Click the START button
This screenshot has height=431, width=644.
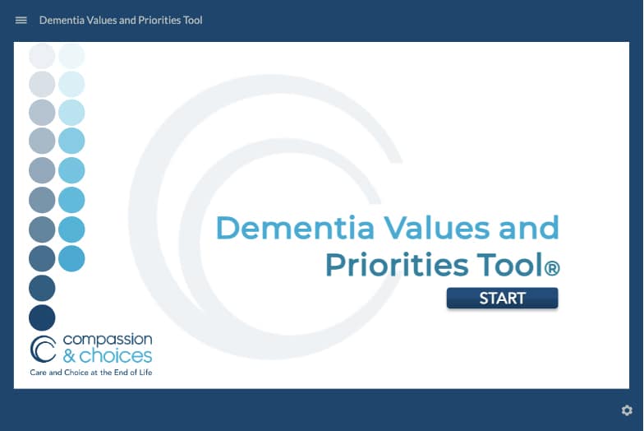click(502, 298)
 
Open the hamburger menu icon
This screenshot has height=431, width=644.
click(21, 20)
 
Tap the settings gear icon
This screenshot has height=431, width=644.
click(627, 410)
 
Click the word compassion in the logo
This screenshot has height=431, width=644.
click(107, 340)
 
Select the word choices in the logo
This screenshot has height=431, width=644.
click(116, 356)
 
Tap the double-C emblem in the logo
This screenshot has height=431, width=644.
click(43, 349)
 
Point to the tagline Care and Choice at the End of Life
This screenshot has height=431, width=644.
click(91, 373)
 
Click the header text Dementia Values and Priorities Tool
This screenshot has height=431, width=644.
click(121, 20)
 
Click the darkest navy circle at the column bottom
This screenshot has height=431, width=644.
click(42, 317)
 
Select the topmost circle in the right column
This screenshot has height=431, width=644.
click(71, 55)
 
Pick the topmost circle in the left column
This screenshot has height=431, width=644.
click(42, 55)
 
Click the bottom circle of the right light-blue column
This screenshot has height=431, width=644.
click(71, 258)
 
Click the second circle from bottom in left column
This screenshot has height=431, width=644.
click(42, 288)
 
